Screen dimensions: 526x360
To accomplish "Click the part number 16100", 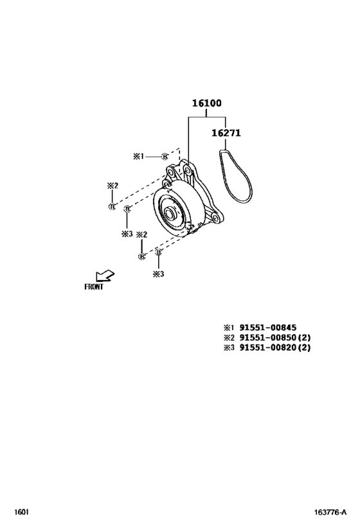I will [206, 103].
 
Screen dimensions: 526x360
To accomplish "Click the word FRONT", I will [94, 287].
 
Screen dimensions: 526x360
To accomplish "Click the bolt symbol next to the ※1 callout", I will [165, 156].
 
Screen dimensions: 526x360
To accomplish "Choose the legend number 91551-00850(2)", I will [275, 337].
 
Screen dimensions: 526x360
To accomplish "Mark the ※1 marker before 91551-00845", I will [229, 327].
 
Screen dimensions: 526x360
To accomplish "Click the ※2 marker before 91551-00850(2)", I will [229, 337].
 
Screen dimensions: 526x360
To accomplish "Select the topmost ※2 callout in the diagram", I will [113, 186].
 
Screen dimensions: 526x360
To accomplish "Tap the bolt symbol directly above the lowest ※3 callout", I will [158, 254].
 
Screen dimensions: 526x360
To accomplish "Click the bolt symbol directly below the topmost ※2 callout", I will [112, 206].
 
